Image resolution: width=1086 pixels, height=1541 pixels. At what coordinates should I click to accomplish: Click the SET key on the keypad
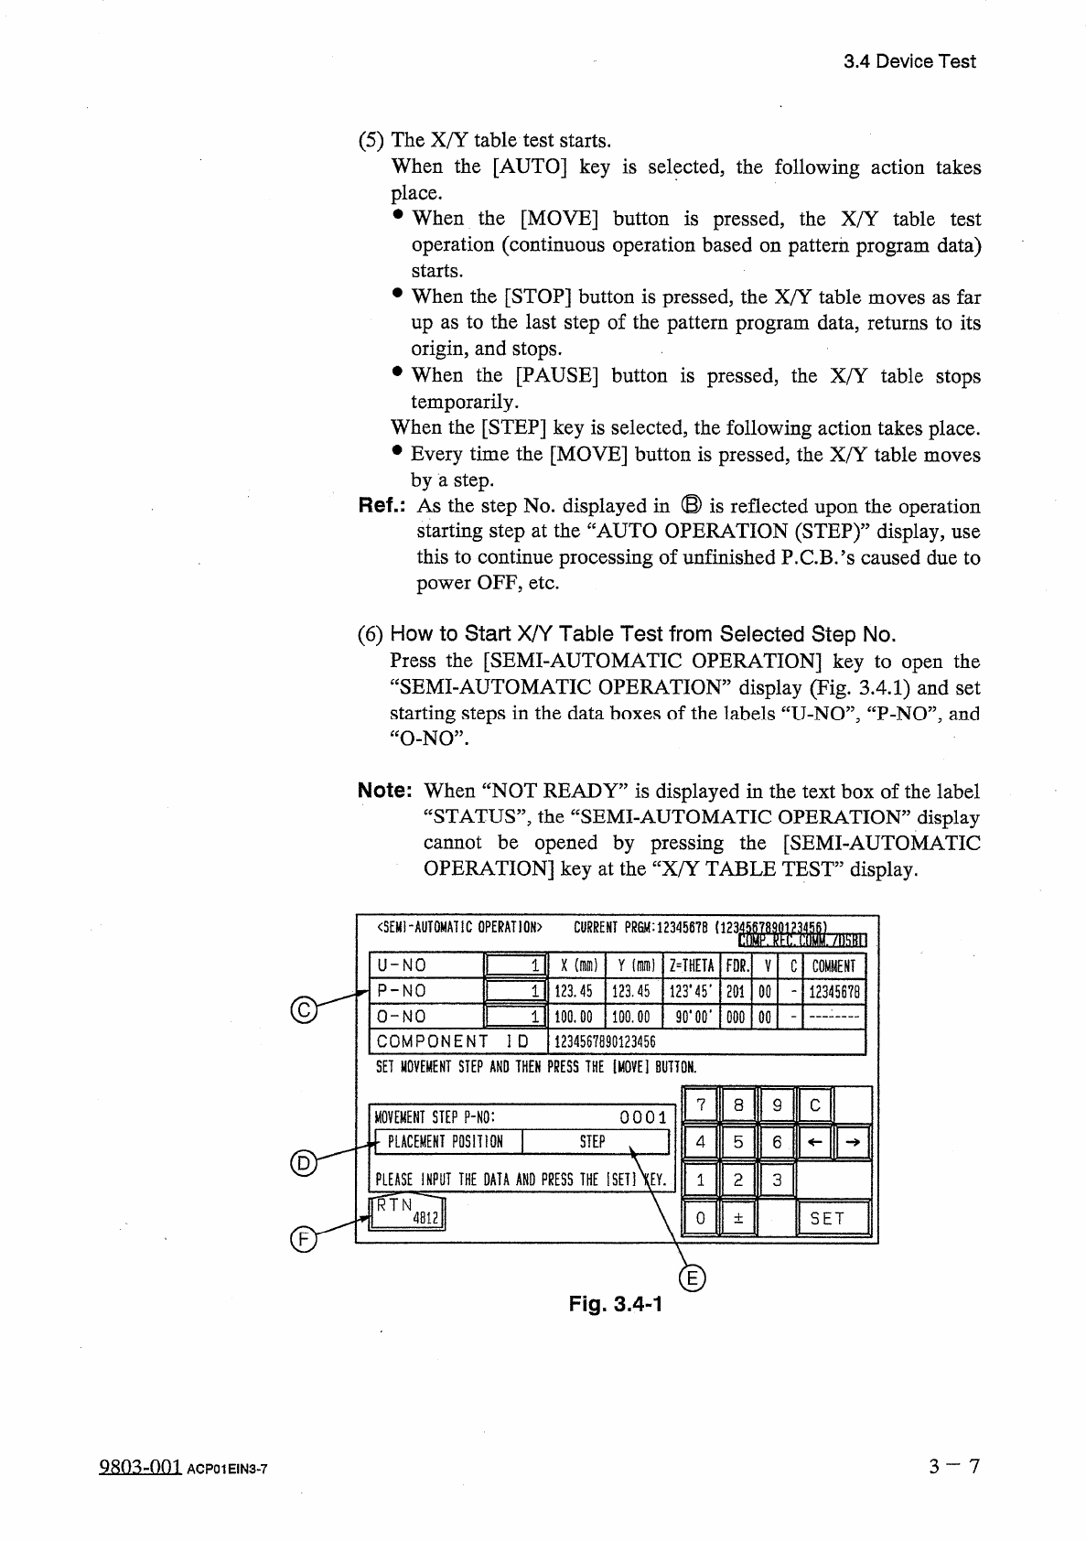pos(832,1218)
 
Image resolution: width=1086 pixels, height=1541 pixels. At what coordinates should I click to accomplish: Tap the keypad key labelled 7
pos(701,1105)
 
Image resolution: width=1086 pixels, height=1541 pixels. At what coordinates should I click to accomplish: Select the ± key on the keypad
pos(738,1218)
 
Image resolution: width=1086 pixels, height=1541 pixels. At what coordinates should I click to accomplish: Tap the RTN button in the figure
pos(406,1212)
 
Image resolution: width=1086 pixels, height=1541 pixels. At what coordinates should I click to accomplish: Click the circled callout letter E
pos(694,1279)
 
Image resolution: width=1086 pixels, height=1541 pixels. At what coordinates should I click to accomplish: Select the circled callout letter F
pos(300,1240)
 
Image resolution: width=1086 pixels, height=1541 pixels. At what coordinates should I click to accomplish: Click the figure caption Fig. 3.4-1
pos(615,1304)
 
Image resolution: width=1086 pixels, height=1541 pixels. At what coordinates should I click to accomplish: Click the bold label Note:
pos(387,792)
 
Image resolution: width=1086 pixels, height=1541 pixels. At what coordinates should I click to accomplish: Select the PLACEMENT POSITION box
pos(445,1142)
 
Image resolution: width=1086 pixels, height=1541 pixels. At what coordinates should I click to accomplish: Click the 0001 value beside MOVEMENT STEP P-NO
pos(642,1117)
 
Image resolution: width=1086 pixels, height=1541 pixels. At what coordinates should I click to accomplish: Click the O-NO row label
pos(402,1017)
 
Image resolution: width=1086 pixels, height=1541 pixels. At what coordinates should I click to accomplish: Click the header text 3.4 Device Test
pos(909,61)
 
